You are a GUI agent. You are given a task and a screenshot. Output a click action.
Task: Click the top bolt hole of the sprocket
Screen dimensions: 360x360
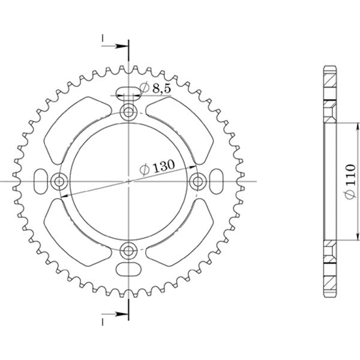(x=128, y=112)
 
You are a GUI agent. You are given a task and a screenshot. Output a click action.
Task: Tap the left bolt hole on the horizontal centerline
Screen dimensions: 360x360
(x=59, y=181)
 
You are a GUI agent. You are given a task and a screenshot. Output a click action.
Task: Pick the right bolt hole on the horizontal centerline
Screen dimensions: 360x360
(x=197, y=181)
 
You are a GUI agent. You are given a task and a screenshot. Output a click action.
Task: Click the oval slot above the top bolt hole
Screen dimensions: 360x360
(x=128, y=92)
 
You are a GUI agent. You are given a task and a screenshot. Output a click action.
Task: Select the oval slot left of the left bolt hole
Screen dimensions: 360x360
(x=40, y=181)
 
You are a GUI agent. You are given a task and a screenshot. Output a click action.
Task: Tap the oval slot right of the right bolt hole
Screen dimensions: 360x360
(x=216, y=181)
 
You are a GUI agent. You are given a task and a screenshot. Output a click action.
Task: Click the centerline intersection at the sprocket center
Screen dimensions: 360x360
(x=128, y=181)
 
